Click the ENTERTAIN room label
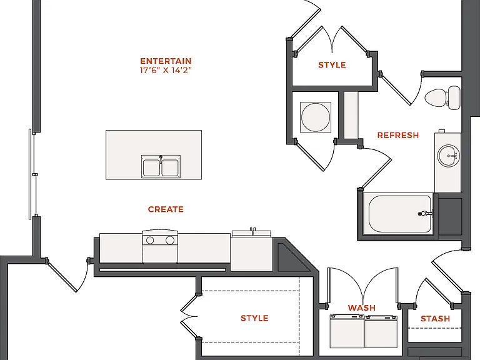[166, 61]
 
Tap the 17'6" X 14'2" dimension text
[166, 71]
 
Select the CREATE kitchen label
[166, 209]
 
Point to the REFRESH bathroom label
[398, 135]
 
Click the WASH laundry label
[361, 307]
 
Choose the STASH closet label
[435, 319]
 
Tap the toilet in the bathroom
[442, 97]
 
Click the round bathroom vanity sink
[448, 156]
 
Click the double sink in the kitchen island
[161, 166]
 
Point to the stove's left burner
[150, 240]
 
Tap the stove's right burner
[170, 240]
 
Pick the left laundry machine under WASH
[347, 331]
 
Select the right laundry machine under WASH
[381, 332]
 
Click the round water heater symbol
[316, 117]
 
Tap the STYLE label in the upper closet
[332, 65]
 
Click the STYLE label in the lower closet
[254, 318]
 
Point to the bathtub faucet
[425, 214]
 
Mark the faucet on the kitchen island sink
[161, 159]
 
